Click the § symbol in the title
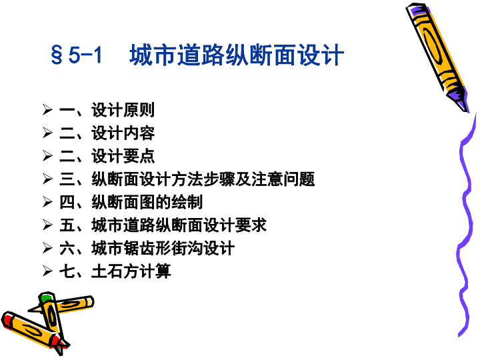click(57, 55)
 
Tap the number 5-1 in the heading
click(85, 55)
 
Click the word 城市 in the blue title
click(153, 55)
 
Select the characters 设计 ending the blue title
click(321, 55)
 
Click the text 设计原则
click(123, 110)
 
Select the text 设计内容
click(123, 133)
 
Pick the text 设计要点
click(123, 156)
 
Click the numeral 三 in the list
click(67, 179)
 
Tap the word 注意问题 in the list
click(283, 179)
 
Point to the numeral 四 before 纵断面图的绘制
click(67, 202)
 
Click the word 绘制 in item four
click(187, 202)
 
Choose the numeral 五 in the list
click(67, 225)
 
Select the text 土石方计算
click(131, 271)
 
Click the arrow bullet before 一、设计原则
click(47, 109)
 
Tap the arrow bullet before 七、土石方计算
click(47, 271)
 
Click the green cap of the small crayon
click(46, 297)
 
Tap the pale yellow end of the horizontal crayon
click(90, 301)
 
